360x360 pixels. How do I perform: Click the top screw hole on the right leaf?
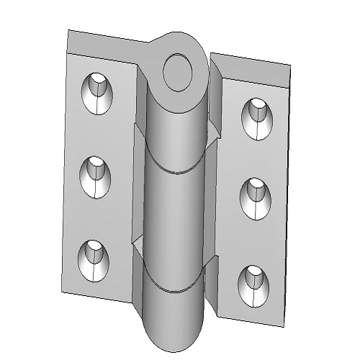click(x=257, y=117)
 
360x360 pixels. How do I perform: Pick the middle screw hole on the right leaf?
click(x=254, y=197)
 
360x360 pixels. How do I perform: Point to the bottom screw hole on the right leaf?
click(x=252, y=282)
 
